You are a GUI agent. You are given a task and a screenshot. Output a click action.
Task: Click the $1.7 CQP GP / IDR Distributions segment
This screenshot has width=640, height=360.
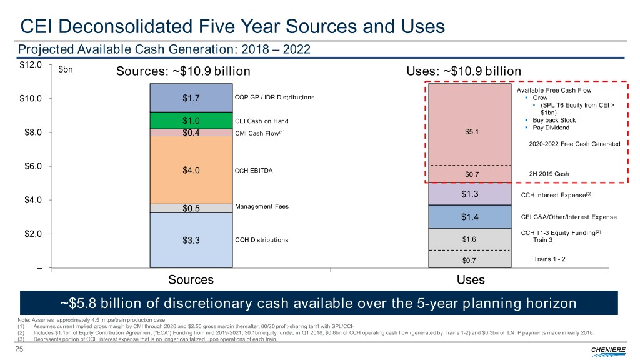tap(191, 97)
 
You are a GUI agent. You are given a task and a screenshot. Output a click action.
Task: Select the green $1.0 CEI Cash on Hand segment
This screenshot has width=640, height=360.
tap(191, 121)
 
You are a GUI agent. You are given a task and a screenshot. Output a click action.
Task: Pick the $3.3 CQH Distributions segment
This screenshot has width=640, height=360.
tap(191, 240)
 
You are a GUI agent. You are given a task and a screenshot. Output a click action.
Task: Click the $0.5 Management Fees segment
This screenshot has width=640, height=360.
tap(191, 209)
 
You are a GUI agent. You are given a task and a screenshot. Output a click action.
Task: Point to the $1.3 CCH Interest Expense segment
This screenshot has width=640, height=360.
tap(469, 194)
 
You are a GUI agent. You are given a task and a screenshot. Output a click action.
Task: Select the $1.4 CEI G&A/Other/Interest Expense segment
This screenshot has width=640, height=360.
tap(469, 217)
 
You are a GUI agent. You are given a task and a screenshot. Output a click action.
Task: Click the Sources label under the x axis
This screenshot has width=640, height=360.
tap(191, 280)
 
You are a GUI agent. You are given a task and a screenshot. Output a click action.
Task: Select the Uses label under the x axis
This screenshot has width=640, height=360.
tap(470, 280)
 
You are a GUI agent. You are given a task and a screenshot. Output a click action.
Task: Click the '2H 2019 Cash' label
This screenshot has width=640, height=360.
tap(549, 174)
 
